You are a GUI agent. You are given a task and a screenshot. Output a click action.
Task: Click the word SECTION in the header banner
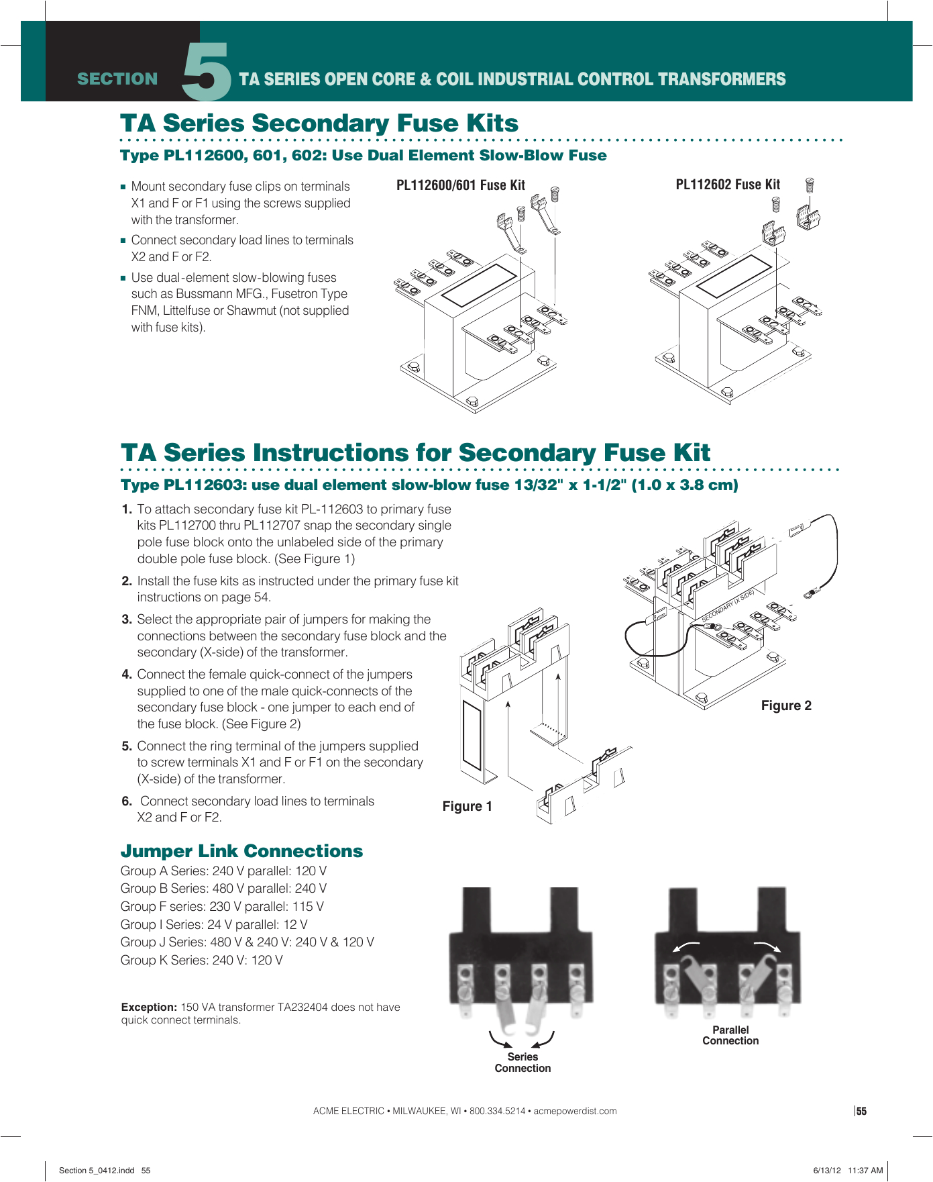pyautogui.click(x=117, y=79)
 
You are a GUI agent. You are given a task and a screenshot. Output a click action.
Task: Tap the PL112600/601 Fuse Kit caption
pyautogui.click(x=460, y=185)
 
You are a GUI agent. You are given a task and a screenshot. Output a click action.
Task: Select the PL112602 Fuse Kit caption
pyautogui.click(x=727, y=185)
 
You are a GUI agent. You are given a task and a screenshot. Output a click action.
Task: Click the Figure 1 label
pyautogui.click(x=467, y=806)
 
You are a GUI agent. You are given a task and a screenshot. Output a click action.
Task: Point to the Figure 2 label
pyautogui.click(x=785, y=705)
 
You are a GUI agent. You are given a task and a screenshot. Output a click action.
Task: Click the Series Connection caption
pyautogui.click(x=523, y=1063)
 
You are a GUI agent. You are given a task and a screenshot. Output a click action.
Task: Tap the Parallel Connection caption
pyautogui.click(x=730, y=1035)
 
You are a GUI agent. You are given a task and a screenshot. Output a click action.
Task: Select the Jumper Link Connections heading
pyautogui.click(x=241, y=851)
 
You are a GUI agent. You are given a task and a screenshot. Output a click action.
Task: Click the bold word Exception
pyautogui.click(x=149, y=1007)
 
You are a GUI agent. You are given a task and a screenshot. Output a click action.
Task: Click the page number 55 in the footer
pyautogui.click(x=861, y=1112)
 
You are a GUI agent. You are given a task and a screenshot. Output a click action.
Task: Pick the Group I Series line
pyautogui.click(x=214, y=924)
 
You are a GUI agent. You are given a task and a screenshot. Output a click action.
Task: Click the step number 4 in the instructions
pyautogui.click(x=127, y=675)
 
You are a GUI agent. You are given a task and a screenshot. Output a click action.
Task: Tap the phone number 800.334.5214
pyautogui.click(x=497, y=1111)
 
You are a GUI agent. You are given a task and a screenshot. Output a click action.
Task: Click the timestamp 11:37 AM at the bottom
pyautogui.click(x=865, y=1170)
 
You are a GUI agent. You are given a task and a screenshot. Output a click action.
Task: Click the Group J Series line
pyautogui.click(x=247, y=942)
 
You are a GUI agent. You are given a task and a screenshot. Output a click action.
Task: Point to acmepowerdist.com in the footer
pyautogui.click(x=575, y=1111)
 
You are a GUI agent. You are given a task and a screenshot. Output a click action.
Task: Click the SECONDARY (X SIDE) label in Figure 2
pyautogui.click(x=728, y=605)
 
